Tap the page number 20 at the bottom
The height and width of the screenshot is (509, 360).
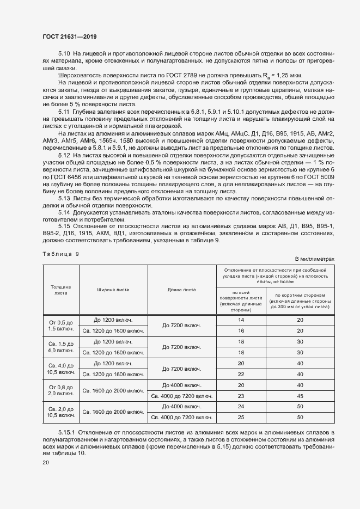point(46,463)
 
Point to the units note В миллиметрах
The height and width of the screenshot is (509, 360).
point(314,259)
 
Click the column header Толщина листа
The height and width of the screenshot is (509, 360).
point(60,289)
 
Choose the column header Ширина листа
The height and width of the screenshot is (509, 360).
point(113,289)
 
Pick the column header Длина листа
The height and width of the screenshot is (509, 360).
point(182,289)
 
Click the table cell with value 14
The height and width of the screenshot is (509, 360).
point(241,320)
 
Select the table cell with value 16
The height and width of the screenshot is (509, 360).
point(241,330)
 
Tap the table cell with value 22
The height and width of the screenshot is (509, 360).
point(241,374)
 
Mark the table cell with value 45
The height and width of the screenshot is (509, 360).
point(300,396)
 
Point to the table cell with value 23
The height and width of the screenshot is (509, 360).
point(241,396)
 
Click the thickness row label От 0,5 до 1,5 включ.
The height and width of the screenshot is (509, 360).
point(60,325)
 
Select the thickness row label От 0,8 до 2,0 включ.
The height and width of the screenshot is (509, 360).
point(60,390)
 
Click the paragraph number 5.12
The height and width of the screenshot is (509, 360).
point(64,171)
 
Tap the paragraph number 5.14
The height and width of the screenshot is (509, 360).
point(64,211)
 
